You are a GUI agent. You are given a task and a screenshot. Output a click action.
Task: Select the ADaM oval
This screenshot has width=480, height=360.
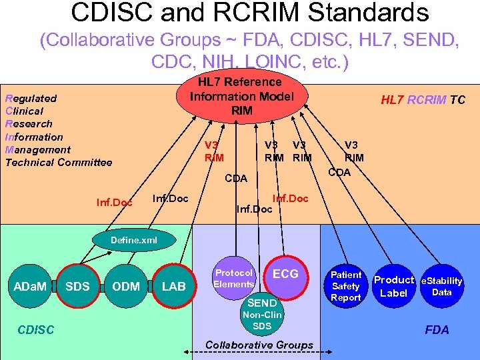pos(30,287)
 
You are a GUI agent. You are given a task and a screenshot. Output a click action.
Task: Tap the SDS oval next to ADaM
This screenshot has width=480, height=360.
pos(77,287)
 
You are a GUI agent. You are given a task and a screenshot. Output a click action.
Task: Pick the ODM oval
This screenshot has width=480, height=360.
pos(126,287)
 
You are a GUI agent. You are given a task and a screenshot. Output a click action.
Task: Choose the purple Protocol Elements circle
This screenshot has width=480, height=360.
pos(233,278)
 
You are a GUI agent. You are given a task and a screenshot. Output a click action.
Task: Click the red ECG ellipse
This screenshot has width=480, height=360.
pos(285,274)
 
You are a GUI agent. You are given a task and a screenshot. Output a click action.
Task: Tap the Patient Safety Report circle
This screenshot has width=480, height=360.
pos(346,286)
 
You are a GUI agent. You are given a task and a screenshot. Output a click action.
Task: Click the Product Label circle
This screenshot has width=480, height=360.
pos(393,286)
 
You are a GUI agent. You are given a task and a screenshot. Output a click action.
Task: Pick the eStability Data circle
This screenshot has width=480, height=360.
pos(441,286)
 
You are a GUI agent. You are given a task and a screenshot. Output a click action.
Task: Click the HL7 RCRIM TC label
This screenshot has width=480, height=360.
pos(423,100)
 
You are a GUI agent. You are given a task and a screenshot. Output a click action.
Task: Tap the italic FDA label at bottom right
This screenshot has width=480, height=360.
pos(437,329)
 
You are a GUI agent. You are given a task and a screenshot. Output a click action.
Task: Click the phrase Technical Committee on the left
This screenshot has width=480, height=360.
pos(59,162)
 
